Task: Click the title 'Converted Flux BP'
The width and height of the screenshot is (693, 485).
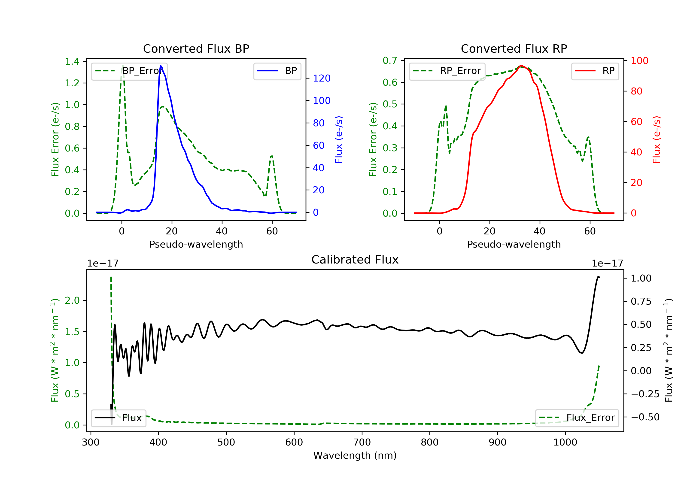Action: [196, 48]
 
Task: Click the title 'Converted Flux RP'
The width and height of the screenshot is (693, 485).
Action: [514, 48]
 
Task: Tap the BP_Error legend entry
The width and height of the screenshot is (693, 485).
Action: [129, 71]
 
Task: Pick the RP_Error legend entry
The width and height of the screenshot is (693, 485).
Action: [447, 71]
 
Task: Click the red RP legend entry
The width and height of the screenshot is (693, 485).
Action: [595, 71]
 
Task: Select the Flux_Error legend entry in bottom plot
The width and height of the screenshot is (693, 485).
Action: [577, 418]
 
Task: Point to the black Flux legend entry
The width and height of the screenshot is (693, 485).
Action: [119, 418]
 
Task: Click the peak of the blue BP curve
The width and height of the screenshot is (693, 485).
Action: [161, 66]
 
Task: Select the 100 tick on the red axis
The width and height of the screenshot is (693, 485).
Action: [639, 61]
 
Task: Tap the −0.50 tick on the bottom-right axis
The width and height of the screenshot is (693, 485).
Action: [645, 417]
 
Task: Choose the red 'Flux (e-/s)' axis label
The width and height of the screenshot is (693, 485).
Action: [656, 139]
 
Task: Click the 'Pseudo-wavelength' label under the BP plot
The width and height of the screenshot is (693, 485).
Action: [196, 244]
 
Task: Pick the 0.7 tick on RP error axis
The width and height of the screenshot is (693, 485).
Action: [390, 61]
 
